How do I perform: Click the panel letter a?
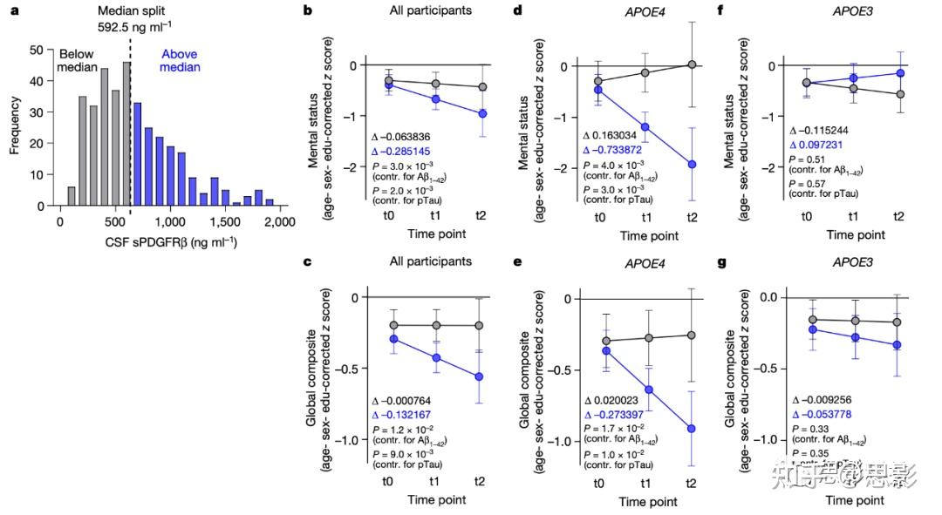click(x=12, y=10)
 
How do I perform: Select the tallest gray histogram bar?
click(x=126, y=133)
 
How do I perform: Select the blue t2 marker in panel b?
click(x=482, y=114)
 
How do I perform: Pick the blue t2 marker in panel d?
click(x=691, y=164)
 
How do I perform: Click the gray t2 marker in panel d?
click(x=691, y=64)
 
